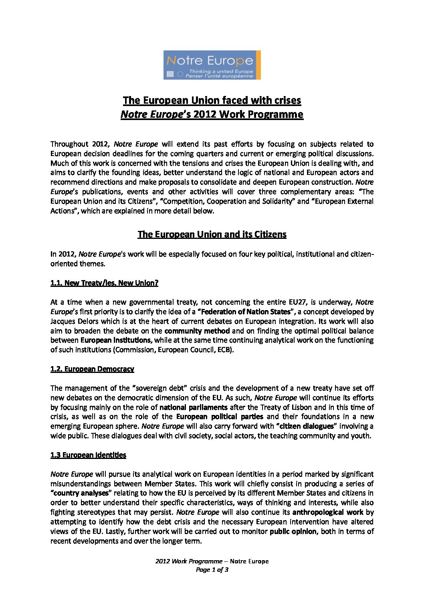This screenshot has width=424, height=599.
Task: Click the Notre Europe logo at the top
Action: (x=212, y=65)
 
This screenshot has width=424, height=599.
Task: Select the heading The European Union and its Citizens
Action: (x=212, y=234)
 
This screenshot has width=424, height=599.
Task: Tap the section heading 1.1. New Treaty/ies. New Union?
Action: (x=104, y=283)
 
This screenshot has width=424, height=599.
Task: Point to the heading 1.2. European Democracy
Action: (x=92, y=369)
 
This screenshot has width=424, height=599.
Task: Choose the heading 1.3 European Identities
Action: (x=88, y=455)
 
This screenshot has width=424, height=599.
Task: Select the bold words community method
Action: (x=197, y=331)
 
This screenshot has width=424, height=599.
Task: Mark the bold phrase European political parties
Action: (x=220, y=417)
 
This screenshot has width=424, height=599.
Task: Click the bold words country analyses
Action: (x=80, y=493)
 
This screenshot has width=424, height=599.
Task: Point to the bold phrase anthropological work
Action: (x=328, y=512)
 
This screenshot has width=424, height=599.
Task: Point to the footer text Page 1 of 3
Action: (x=212, y=570)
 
